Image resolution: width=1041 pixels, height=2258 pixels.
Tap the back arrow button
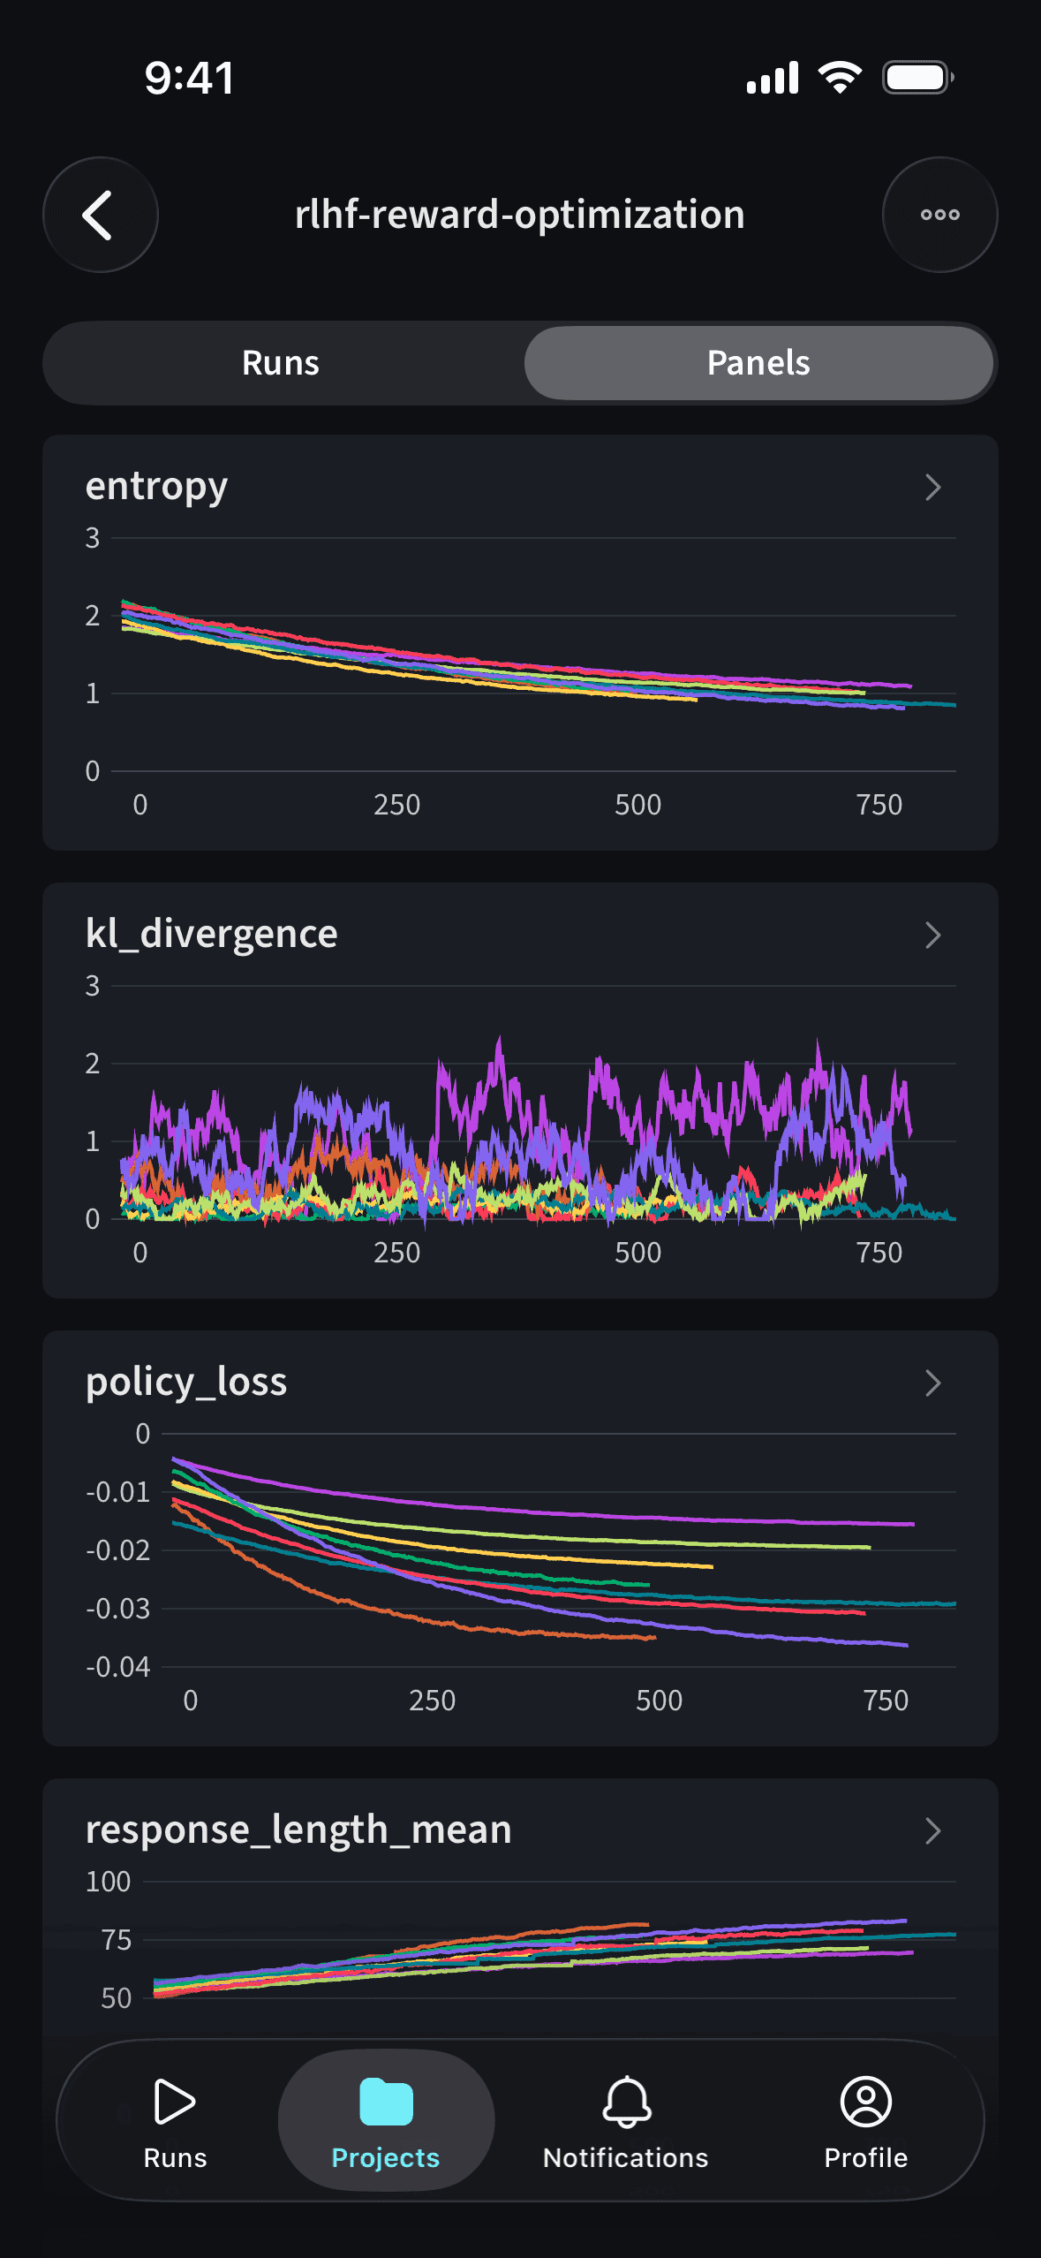(100, 215)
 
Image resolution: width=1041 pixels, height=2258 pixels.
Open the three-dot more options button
(939, 215)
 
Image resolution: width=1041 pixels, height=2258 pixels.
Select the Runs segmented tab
(281, 363)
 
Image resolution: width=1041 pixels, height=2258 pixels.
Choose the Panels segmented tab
(758, 363)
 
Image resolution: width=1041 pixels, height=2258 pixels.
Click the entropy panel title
(156, 487)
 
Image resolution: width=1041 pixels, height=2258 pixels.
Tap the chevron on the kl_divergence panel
(932, 935)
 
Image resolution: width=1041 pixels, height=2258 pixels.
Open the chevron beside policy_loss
(932, 1383)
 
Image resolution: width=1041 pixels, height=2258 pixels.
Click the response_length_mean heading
(298, 1830)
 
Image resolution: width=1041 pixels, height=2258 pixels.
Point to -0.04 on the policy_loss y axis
(118, 1667)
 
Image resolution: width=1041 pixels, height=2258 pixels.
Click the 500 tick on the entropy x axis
(637, 805)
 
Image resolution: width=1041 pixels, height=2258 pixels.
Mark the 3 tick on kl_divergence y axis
(93, 986)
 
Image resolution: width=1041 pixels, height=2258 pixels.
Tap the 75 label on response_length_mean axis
(117, 1940)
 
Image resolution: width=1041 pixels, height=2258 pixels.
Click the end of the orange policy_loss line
(654, 1637)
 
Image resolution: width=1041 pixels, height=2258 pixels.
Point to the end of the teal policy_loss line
(954, 1603)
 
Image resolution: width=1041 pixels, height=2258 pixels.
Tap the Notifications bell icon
(626, 2102)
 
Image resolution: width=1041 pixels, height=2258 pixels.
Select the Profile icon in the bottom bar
(865, 2102)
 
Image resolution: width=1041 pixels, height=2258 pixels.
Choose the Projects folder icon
(386, 2102)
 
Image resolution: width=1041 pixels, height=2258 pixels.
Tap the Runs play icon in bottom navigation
(175, 2102)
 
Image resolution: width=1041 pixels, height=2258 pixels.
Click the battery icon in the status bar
(917, 78)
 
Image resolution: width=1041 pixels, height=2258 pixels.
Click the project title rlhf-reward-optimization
(520, 215)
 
